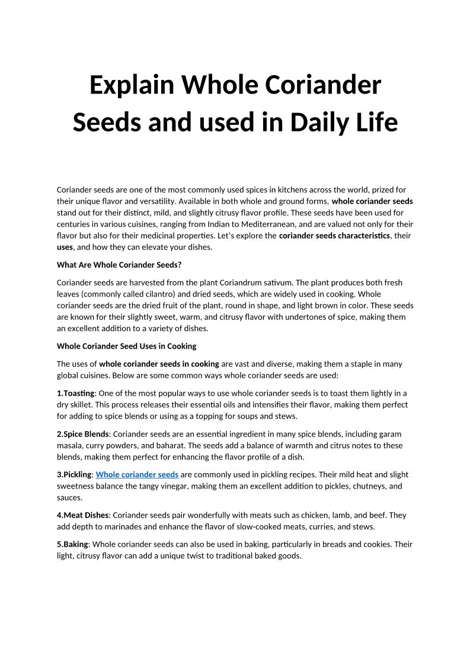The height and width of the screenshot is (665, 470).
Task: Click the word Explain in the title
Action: click(132, 85)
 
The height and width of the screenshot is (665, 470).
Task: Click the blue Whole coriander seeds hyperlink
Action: click(137, 474)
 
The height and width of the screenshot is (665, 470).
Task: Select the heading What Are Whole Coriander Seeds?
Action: click(119, 265)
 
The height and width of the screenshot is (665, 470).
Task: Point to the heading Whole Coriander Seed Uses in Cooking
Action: click(126, 346)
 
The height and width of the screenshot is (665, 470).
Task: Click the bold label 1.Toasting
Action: click(75, 393)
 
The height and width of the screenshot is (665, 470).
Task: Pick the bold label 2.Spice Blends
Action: click(82, 433)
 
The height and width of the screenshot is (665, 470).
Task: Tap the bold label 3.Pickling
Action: click(74, 474)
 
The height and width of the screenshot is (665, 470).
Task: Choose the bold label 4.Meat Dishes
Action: click(82, 515)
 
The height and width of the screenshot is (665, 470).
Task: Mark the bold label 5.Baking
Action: click(72, 544)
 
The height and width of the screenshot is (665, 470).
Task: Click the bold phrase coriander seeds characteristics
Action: click(334, 236)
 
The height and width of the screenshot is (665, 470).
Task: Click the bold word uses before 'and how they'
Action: click(65, 247)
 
